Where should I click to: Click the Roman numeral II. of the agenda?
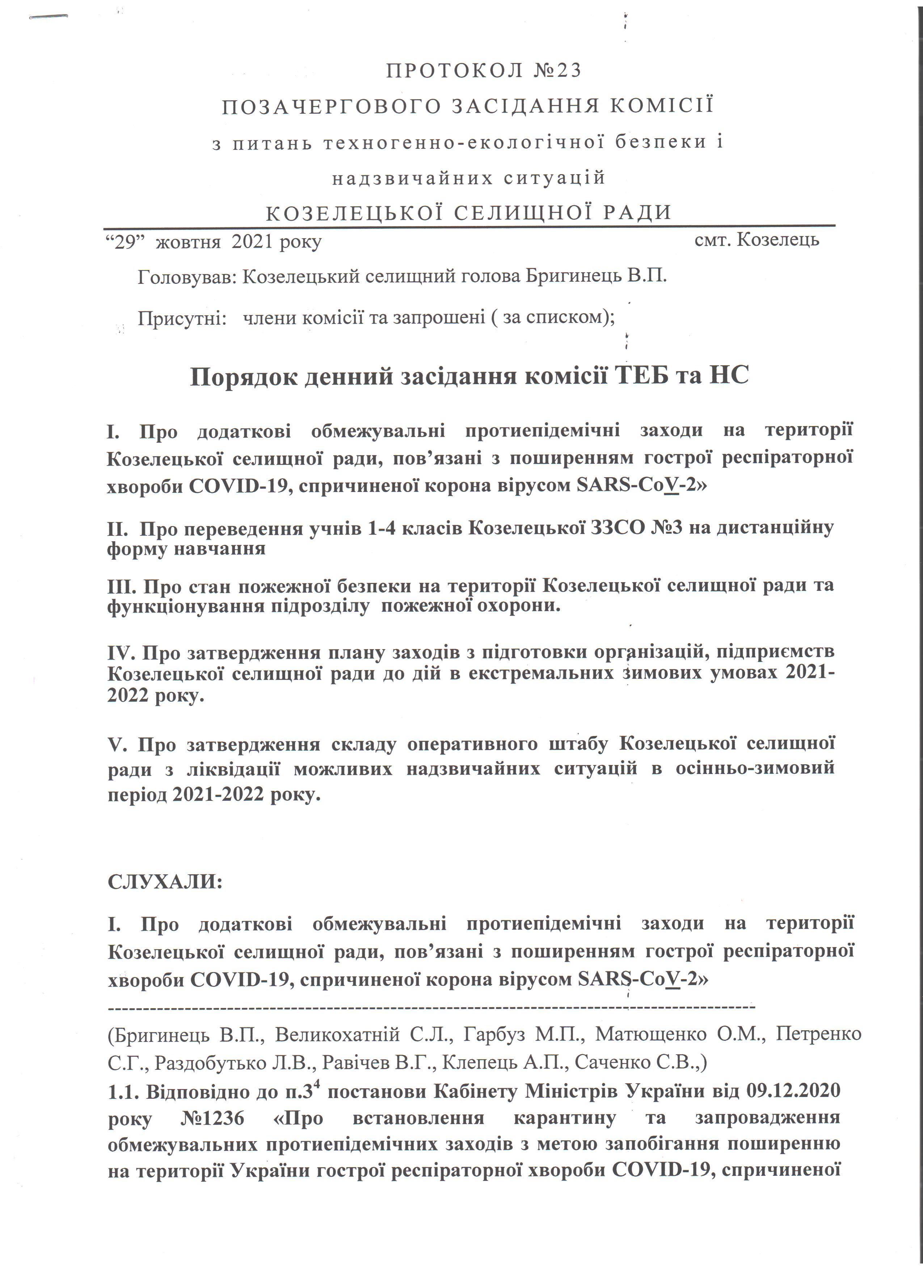pos(118,528)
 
